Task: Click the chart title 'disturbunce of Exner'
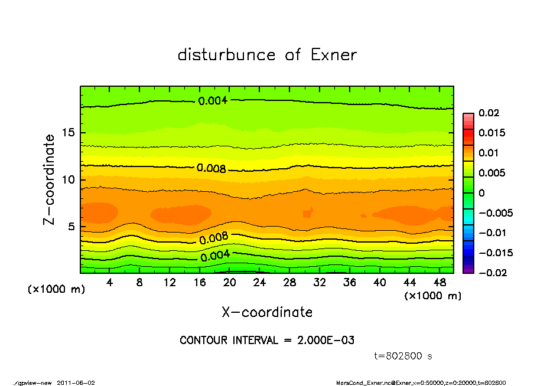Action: tap(267, 55)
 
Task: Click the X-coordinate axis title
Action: tap(267, 312)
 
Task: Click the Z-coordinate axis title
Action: tap(50, 179)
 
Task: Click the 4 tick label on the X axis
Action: tap(110, 283)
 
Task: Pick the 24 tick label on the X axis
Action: tap(260, 283)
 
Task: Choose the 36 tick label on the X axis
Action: tap(350, 283)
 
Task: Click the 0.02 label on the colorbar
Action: tap(490, 113)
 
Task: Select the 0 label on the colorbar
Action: tap(481, 193)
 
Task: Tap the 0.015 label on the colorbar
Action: tap(492, 133)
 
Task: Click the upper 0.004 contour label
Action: tap(213, 101)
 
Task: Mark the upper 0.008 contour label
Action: tap(211, 168)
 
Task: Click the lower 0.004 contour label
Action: tap(215, 257)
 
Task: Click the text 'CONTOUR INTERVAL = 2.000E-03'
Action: tap(267, 341)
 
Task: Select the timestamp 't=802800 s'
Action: tap(403, 356)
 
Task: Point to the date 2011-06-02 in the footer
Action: tap(76, 382)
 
